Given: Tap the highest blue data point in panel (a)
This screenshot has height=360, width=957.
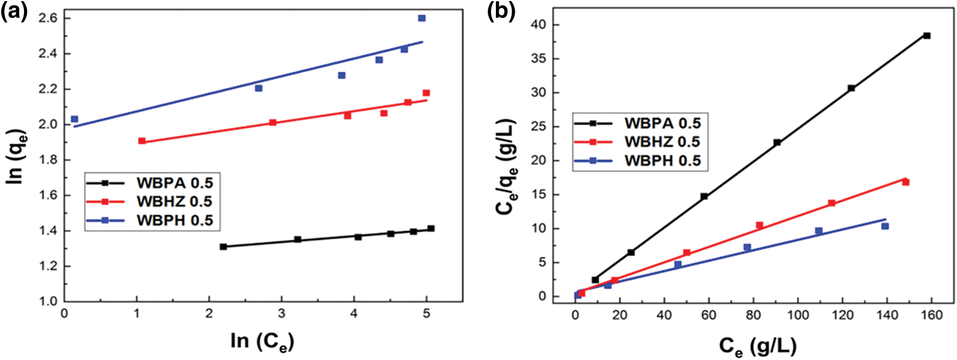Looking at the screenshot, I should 421,18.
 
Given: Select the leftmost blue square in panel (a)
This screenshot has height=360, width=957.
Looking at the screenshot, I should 74,119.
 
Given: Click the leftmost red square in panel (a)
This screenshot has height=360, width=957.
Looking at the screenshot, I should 142,141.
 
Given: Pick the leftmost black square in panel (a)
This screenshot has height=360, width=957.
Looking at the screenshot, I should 223,247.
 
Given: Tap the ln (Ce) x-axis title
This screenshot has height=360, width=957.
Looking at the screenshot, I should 262,341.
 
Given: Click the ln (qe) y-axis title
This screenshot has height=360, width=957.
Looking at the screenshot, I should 17,156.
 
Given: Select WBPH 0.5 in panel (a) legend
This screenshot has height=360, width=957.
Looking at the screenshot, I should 174,220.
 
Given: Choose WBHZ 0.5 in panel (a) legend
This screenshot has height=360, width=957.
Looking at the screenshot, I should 174,201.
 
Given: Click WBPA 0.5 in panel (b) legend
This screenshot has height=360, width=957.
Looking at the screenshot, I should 663,123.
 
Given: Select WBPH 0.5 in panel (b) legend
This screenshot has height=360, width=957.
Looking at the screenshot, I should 663,161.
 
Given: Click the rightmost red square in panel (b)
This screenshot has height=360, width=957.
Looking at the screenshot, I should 905,182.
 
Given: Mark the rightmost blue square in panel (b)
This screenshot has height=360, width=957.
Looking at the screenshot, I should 885,226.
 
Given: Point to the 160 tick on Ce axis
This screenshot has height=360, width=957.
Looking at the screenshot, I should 931,315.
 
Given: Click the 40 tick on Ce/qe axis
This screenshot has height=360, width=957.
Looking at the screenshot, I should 539,25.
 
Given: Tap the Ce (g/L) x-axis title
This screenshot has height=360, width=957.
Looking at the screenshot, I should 757,346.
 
